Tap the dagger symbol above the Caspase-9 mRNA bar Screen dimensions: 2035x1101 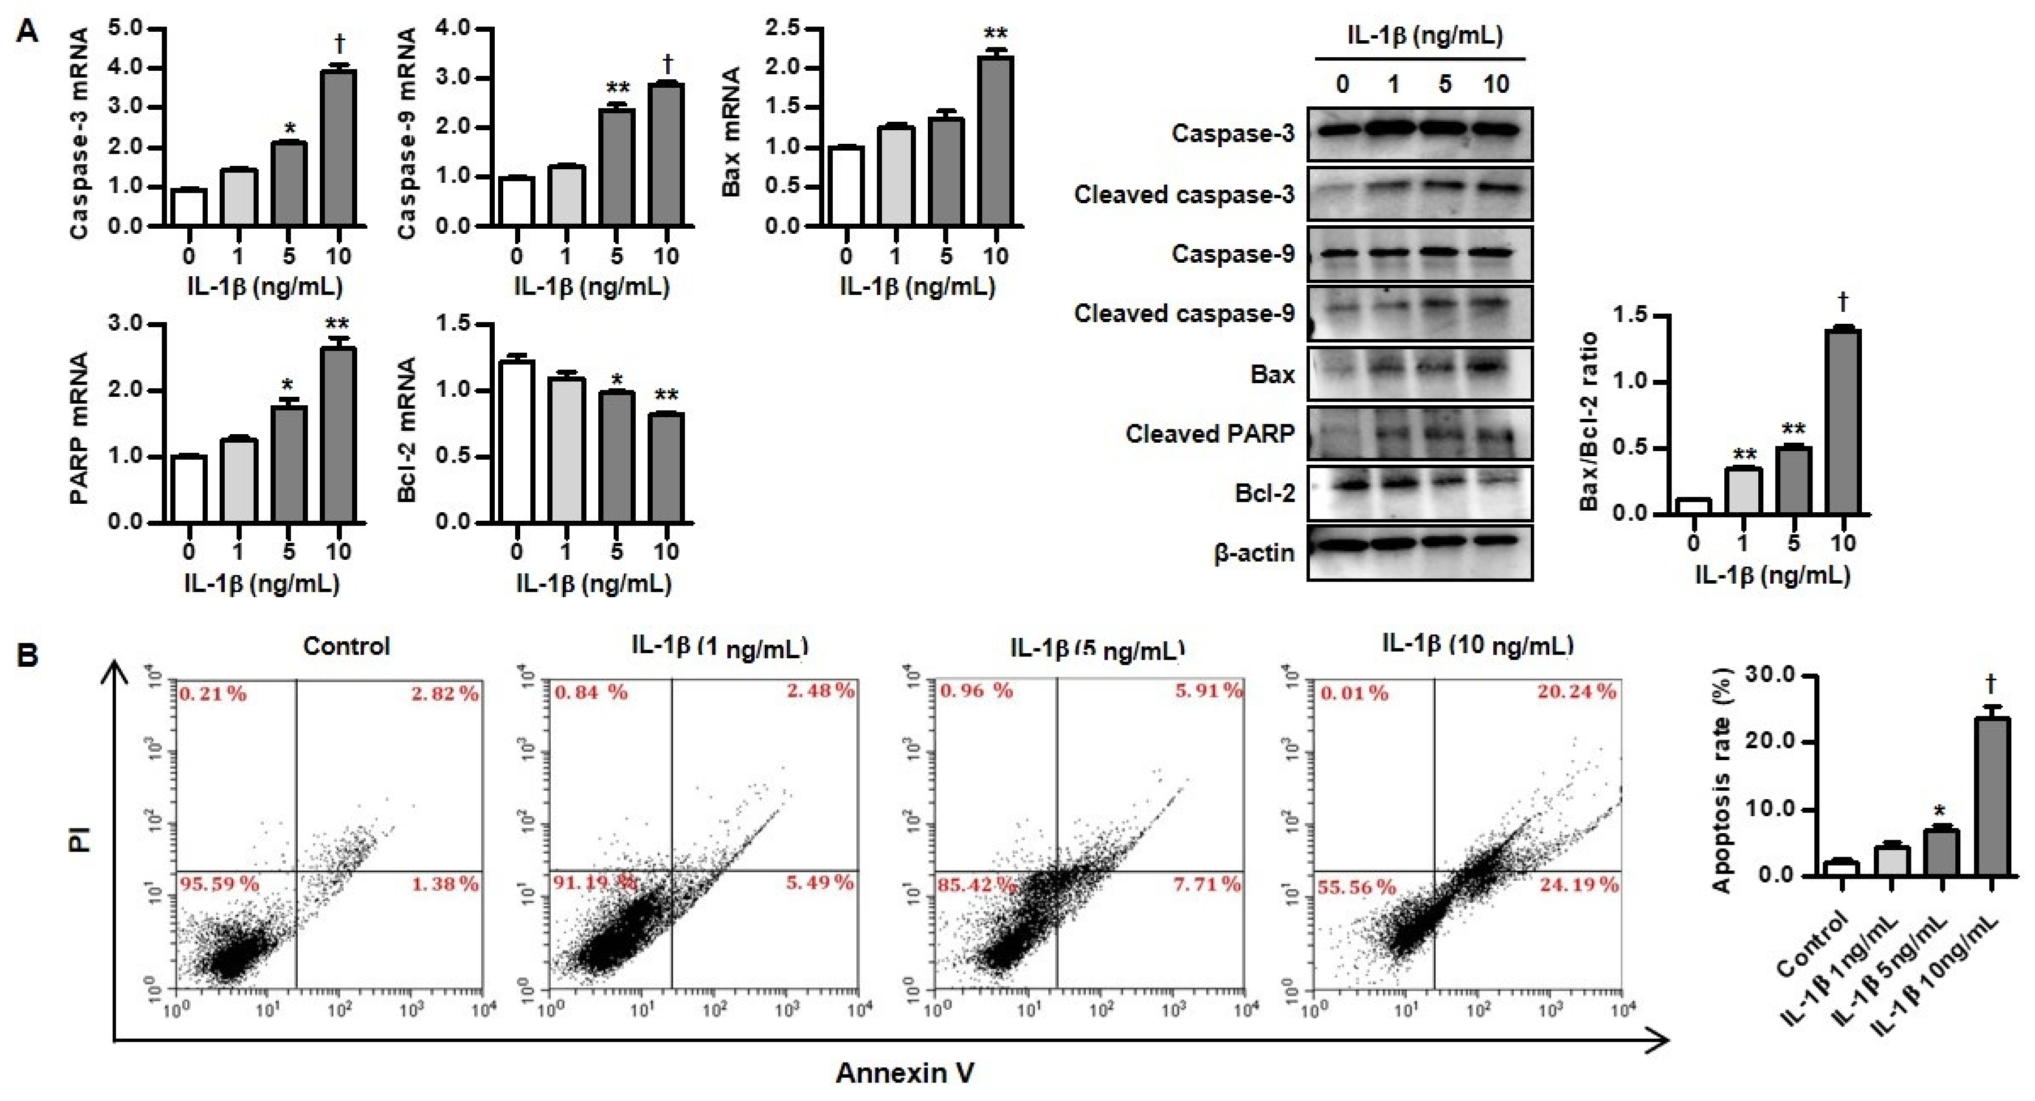667,62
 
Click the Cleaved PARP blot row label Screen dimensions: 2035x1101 1210,434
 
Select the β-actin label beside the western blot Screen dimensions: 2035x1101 1254,553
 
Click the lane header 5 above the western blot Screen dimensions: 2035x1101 1444,84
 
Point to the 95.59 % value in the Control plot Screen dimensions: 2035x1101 220,884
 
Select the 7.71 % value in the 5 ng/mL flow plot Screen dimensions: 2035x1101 1207,884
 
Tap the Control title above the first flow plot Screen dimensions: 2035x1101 346,646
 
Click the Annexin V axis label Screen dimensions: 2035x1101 905,1073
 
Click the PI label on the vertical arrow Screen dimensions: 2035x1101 80,839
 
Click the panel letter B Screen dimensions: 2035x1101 28,656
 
